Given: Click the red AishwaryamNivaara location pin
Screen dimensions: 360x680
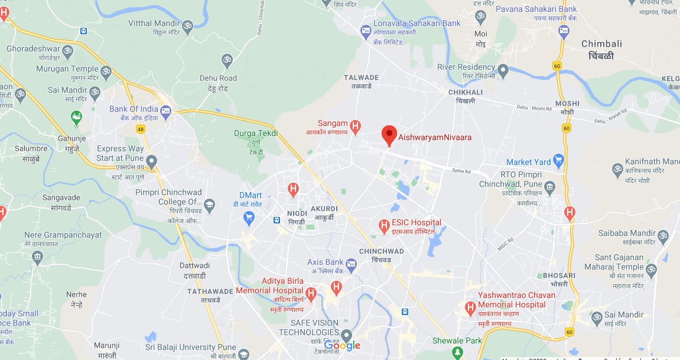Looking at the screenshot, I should point(389,135).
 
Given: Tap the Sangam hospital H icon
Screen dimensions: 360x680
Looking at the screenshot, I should point(355,125).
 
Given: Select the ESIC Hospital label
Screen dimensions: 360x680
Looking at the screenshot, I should point(416,223).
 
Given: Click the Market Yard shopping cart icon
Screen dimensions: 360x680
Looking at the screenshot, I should point(558,161).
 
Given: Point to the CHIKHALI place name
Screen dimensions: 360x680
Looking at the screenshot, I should point(465,92).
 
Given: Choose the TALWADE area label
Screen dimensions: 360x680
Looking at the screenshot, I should point(360,77).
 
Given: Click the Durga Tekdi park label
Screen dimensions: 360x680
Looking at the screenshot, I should point(256,133).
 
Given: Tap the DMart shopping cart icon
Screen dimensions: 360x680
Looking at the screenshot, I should point(249,218).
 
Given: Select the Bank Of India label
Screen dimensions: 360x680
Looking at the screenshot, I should point(134,109).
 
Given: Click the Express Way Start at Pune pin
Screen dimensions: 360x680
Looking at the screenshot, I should point(152,161).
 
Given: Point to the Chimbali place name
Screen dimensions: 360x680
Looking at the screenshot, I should point(601,44).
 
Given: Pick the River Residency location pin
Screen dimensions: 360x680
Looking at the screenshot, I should point(503,70).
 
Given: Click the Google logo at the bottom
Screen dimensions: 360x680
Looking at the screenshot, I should point(342,346).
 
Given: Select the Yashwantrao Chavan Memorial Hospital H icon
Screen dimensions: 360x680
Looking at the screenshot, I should point(470,307).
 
